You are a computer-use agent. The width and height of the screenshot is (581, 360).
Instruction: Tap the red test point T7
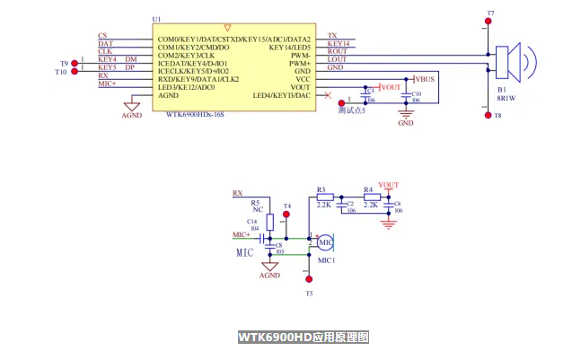pyautogui.click(x=489, y=24)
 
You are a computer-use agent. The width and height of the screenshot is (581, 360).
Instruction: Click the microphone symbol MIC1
pyautogui.click(x=325, y=242)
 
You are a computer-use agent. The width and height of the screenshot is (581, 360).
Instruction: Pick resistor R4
pyautogui.click(x=369, y=197)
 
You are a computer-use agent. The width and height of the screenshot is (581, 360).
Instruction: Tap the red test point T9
pyautogui.click(x=74, y=60)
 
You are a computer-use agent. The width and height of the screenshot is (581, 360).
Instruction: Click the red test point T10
pyautogui.click(x=74, y=68)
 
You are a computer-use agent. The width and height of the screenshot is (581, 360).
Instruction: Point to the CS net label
pyautogui.click(x=102, y=35)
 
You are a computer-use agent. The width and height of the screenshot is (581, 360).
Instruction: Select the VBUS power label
pyautogui.click(x=424, y=79)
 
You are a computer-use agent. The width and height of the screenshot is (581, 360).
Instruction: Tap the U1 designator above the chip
pyautogui.click(x=157, y=19)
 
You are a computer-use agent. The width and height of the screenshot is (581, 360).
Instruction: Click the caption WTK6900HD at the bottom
pyautogui.click(x=303, y=338)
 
